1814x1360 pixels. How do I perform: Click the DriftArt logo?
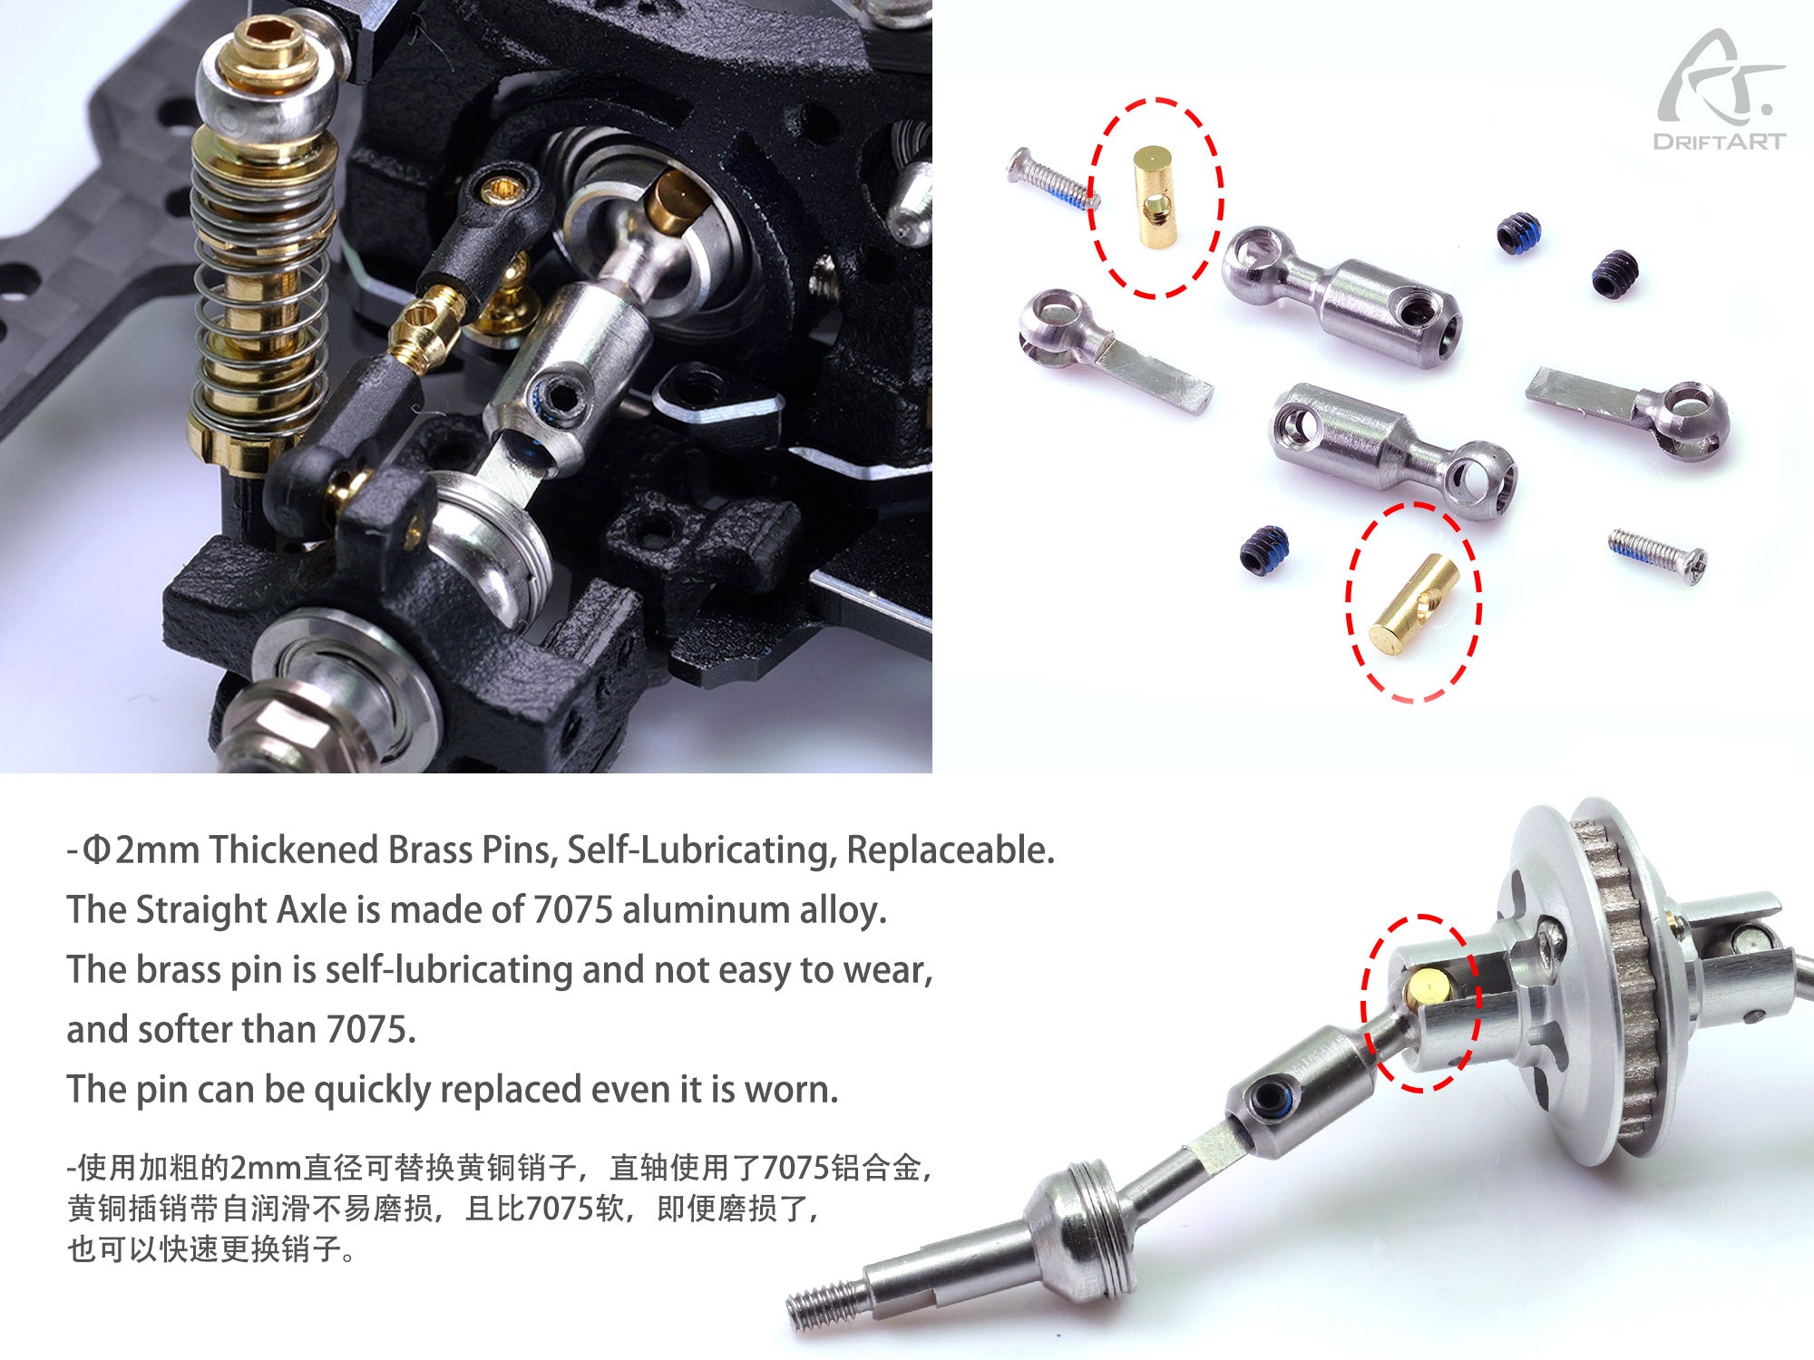click(1720, 91)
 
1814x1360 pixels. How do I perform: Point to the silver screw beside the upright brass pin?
click(1049, 180)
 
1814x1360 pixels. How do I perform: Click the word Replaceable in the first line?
click(950, 850)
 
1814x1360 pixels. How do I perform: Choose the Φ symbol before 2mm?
click(96, 850)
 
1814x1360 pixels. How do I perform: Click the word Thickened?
click(293, 850)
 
